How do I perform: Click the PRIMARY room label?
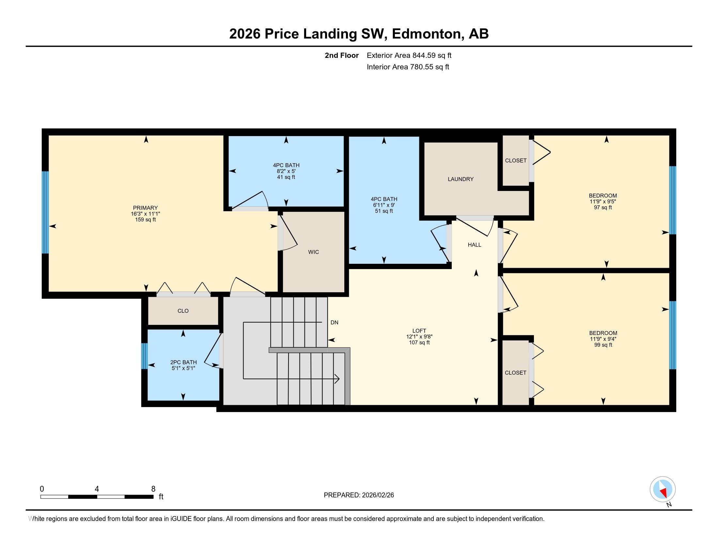145,208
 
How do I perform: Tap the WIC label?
313,252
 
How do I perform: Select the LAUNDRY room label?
460,179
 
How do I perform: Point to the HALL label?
475,245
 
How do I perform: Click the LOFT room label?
419,331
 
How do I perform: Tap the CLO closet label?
183,311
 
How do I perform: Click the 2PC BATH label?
183,362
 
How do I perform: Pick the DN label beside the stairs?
334,323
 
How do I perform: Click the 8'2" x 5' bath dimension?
286,171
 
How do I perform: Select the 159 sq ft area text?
145,219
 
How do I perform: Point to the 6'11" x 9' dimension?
384,205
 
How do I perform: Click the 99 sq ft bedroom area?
603,345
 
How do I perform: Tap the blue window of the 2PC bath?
144,356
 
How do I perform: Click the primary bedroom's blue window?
45,213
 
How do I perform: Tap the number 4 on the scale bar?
97,489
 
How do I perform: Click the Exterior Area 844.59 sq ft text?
409,55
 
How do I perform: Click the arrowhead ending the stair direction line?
337,379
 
